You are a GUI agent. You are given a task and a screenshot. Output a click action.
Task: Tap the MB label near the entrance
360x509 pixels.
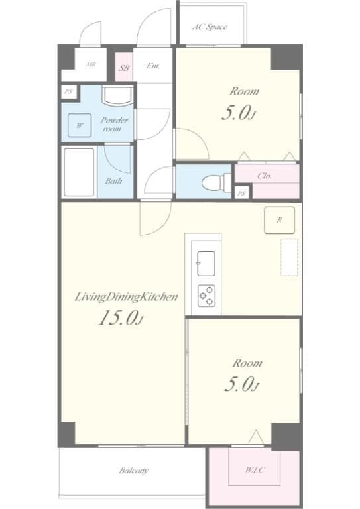coord(90,65)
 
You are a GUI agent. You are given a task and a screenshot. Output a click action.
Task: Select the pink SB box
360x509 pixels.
coord(124,67)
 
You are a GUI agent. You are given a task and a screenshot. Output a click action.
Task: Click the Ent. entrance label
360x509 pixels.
coord(153,66)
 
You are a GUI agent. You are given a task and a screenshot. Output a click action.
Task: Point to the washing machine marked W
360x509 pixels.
coord(80,125)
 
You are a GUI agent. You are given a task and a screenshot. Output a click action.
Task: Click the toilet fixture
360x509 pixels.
coord(213,180)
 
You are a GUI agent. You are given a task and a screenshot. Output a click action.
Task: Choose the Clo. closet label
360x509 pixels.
coord(263,176)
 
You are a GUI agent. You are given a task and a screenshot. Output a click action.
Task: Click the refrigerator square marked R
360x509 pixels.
coord(279,220)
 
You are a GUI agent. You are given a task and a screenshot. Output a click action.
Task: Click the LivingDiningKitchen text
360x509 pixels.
coord(125,298)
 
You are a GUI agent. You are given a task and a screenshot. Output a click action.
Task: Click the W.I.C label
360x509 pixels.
coord(255,470)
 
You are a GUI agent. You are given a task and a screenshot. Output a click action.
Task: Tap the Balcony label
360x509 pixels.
coord(133,471)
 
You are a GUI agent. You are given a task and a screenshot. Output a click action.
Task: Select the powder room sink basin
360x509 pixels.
coord(117,96)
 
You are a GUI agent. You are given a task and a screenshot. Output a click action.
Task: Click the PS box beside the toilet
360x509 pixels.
coord(242,194)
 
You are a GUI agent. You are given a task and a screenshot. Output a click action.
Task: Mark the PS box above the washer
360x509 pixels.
coord(68,92)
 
